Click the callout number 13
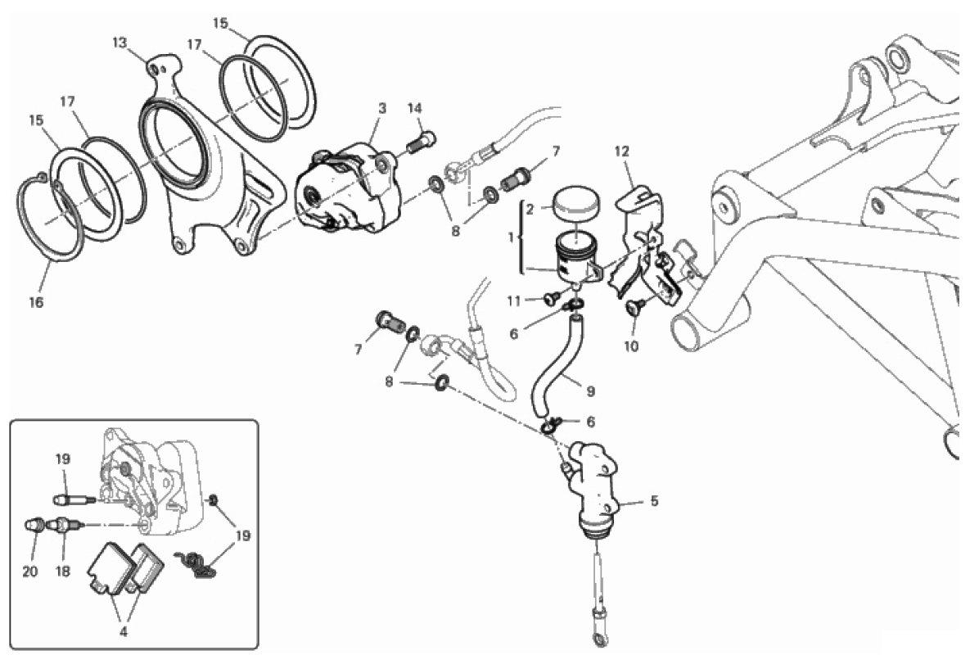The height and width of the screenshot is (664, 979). pos(120,43)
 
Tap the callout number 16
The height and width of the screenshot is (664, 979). pos(36,302)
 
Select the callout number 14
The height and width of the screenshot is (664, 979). pos(414,109)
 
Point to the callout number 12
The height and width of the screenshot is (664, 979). pos(622,151)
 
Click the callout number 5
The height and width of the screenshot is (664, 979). pos(654,501)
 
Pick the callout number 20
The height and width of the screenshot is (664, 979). pos(30,571)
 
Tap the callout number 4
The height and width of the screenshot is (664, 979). pos(123,632)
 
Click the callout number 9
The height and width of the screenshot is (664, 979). pos(591,391)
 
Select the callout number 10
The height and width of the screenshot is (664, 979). pos(631,346)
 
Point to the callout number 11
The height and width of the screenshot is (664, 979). pos(513,301)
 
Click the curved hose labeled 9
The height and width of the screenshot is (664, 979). pos(557,368)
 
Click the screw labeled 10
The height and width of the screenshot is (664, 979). pos(634,306)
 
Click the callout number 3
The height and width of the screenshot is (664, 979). pos(382,109)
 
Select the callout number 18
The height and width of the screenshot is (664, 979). pos(62,571)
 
